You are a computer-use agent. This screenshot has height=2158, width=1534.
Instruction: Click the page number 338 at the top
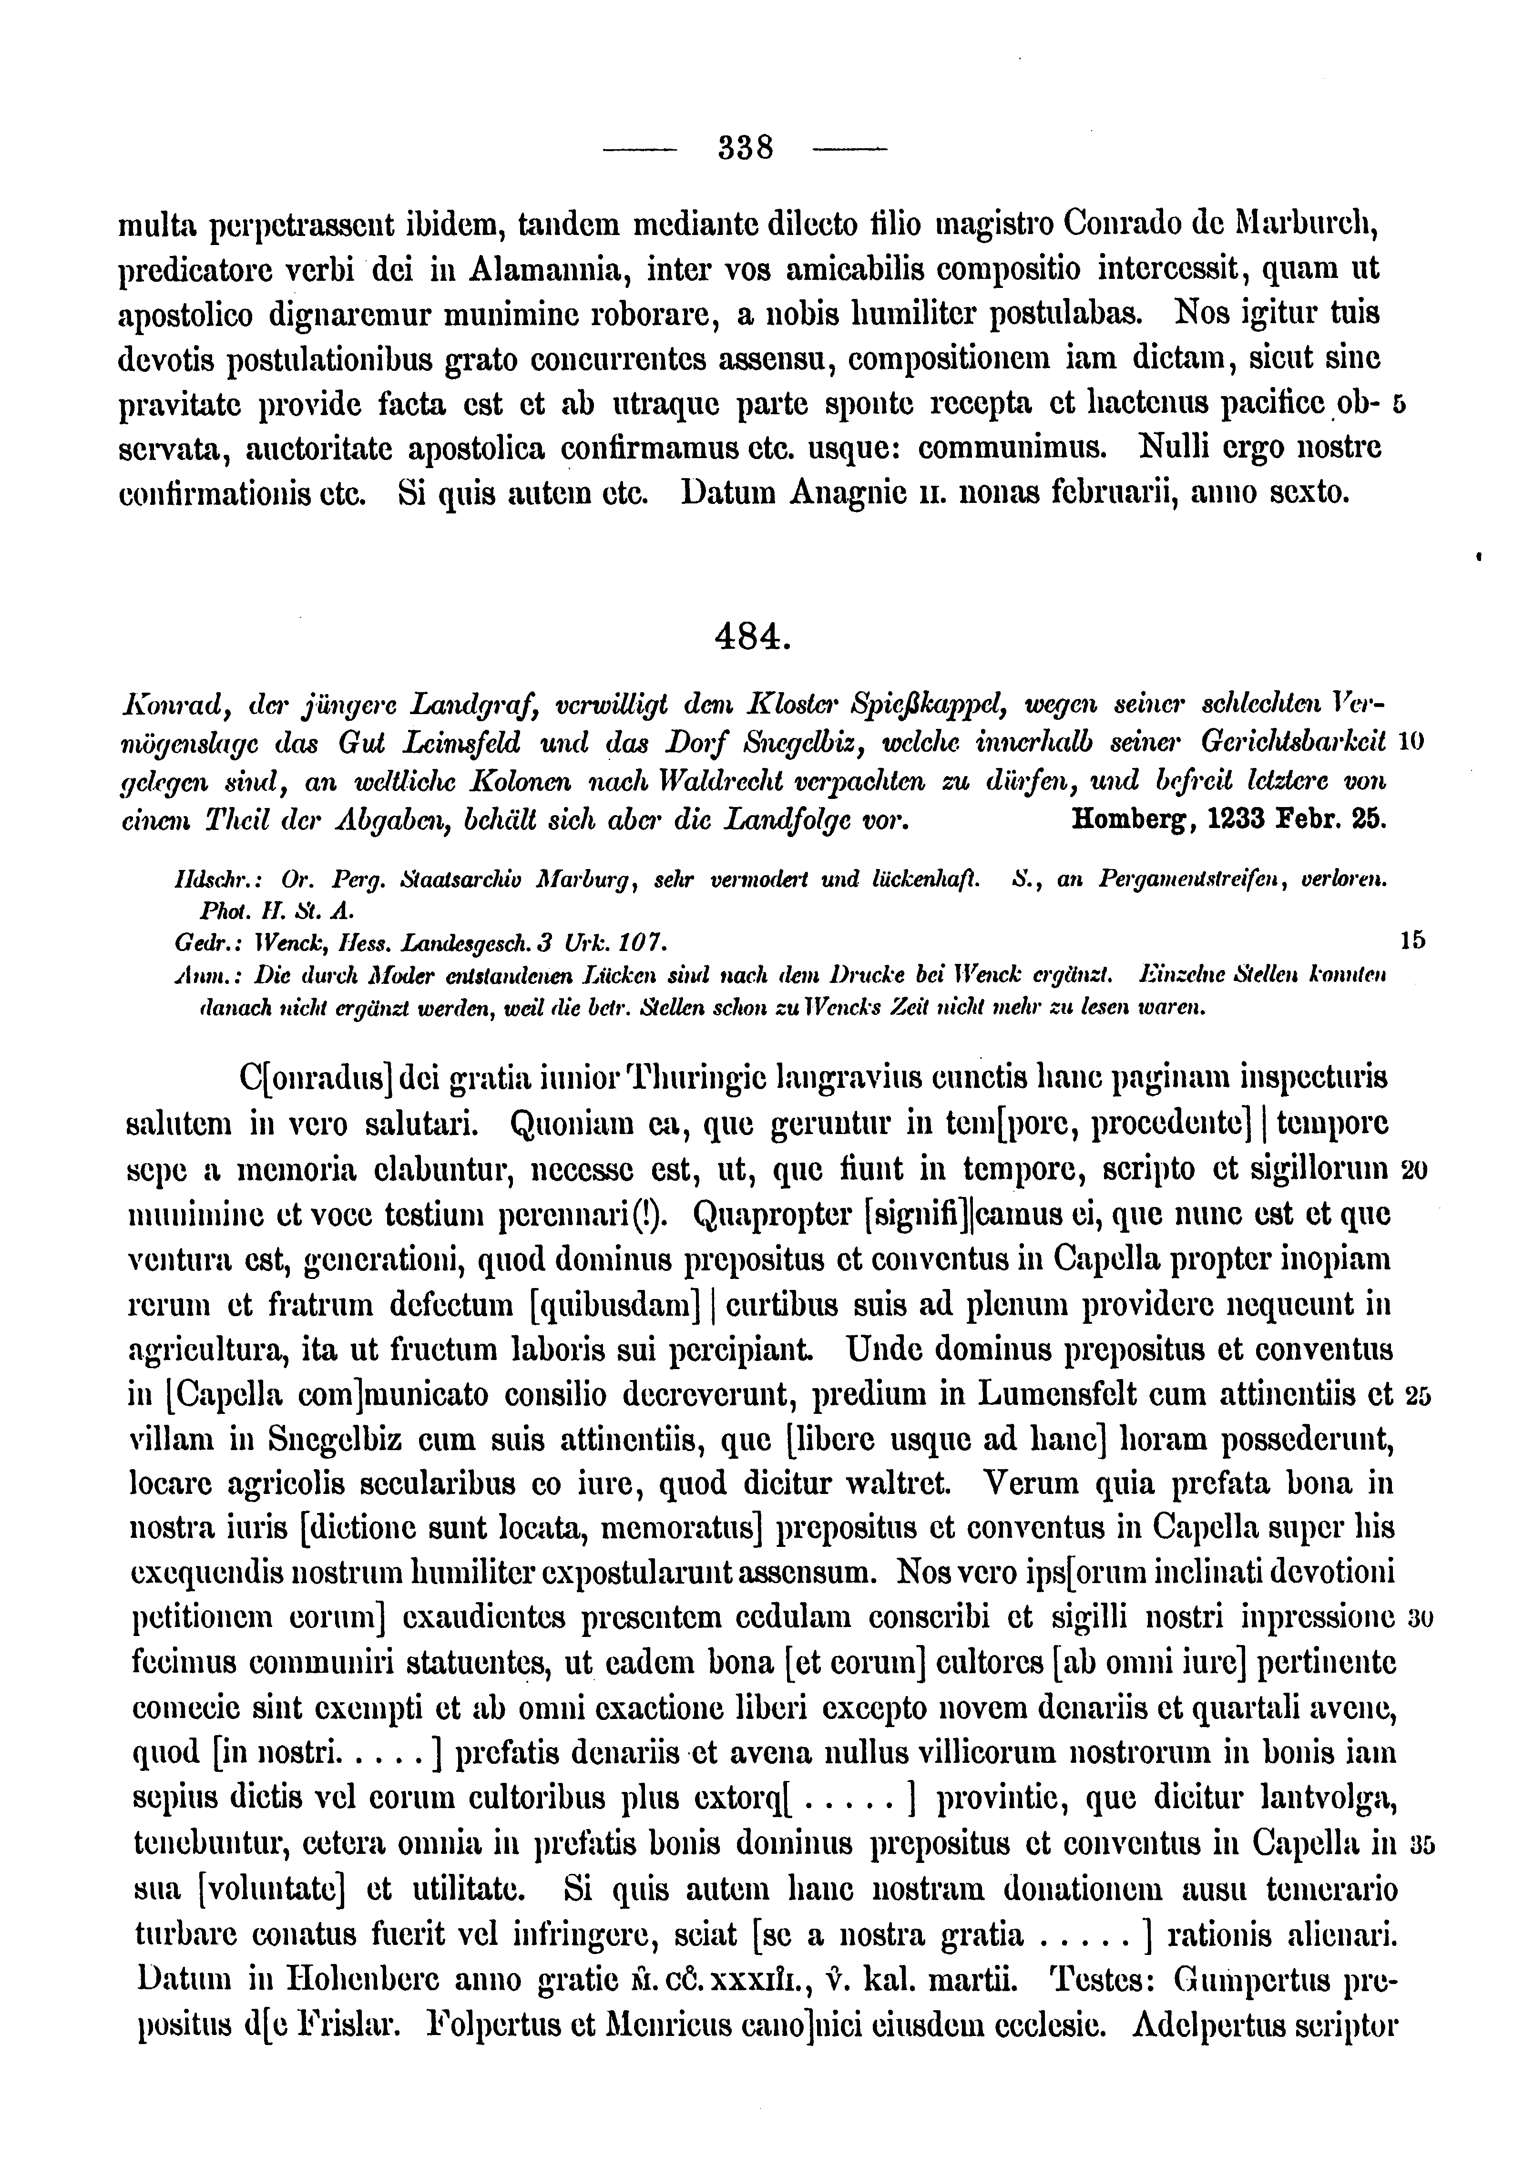click(746, 148)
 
